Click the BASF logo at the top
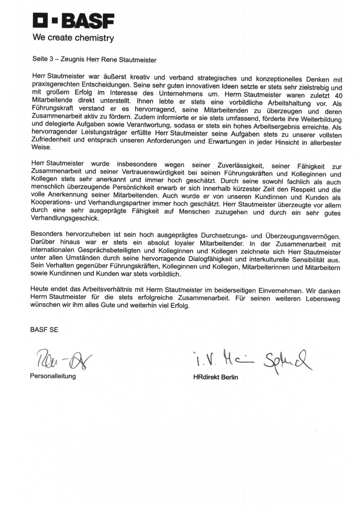pos(73,21)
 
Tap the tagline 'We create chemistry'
pos(73,38)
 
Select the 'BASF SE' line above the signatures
pos(44,330)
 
